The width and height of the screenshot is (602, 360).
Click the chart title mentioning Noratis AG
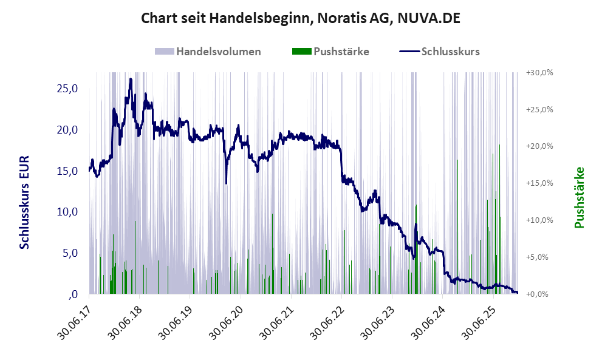click(x=301, y=18)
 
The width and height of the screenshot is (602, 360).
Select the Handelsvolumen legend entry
click(x=218, y=52)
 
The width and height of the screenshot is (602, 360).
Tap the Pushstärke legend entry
click(x=341, y=52)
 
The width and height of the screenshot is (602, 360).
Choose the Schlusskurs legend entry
click(x=450, y=52)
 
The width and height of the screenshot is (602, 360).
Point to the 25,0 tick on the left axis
click(x=67, y=89)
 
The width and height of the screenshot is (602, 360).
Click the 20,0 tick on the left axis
click(x=67, y=130)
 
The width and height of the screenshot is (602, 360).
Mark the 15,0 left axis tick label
click(x=67, y=171)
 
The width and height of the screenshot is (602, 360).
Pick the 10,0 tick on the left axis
click(x=67, y=212)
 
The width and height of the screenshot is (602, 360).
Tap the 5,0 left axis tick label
click(x=69, y=253)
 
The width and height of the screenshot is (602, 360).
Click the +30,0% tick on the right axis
click(x=539, y=72)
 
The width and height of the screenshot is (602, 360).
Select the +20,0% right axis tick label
click(x=539, y=146)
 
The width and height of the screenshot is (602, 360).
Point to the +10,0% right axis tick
click(x=539, y=220)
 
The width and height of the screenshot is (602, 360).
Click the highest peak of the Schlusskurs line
click(x=131, y=80)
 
